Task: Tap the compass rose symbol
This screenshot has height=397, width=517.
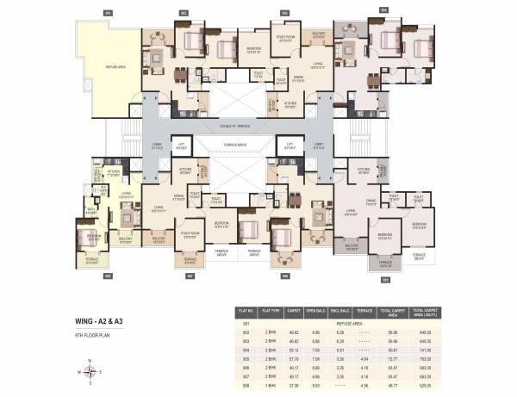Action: (x=90, y=371)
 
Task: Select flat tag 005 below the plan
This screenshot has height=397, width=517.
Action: (x=385, y=277)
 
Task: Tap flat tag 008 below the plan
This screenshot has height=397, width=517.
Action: (x=108, y=277)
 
